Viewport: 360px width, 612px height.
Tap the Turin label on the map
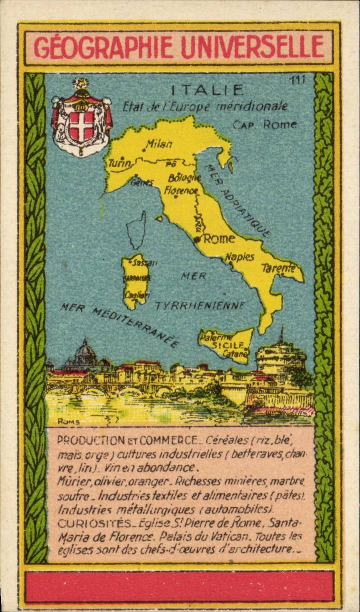(x=120, y=163)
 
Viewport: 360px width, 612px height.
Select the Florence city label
(x=181, y=189)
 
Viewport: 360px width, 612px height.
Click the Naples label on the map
(x=240, y=256)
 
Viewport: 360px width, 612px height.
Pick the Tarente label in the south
(x=278, y=268)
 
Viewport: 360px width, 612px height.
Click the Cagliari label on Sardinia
(x=134, y=294)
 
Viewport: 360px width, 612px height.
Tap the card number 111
(x=298, y=80)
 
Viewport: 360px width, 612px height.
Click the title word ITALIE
(x=207, y=90)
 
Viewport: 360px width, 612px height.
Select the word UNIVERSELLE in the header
(x=252, y=47)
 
